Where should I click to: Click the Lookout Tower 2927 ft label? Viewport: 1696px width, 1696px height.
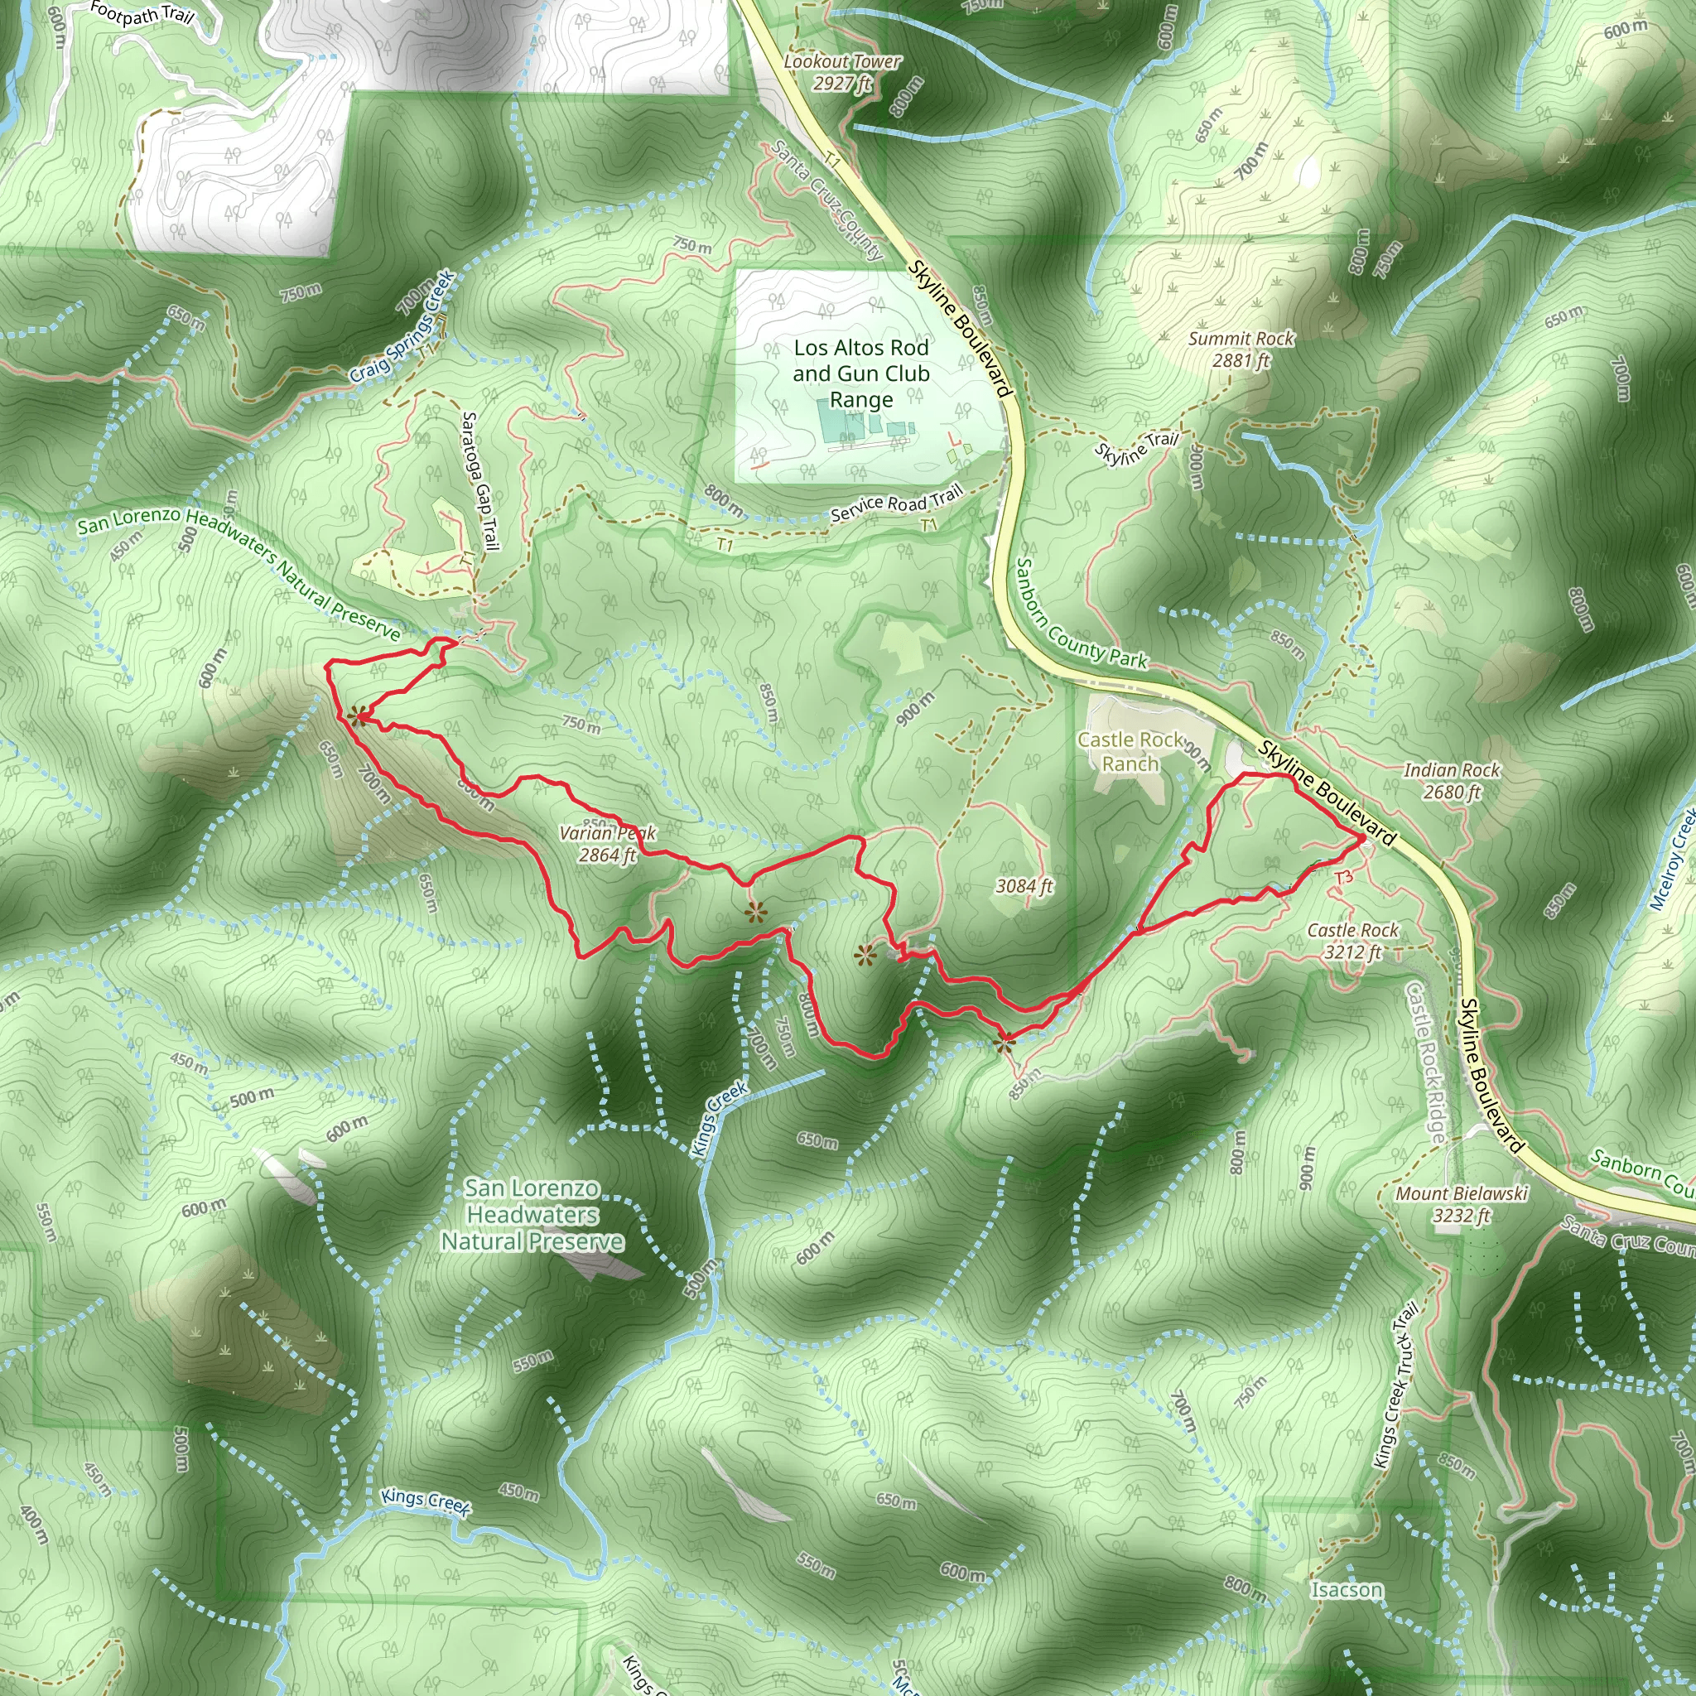click(841, 72)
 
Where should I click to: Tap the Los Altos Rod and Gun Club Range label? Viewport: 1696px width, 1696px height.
click(860, 373)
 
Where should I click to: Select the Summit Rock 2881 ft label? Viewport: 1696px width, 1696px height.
click(1241, 349)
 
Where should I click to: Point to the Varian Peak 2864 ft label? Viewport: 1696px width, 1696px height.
click(608, 844)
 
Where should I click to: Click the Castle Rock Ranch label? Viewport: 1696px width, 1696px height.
click(1130, 751)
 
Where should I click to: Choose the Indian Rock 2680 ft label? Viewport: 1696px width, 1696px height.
click(1452, 780)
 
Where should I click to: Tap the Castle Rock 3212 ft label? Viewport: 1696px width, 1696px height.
click(1351, 940)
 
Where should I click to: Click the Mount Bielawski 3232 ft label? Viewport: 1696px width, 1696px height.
click(1462, 1203)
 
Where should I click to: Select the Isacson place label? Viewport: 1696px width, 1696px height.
click(1346, 1590)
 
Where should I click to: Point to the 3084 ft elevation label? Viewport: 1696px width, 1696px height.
click(1024, 886)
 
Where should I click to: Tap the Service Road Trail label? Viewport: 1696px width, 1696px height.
click(896, 503)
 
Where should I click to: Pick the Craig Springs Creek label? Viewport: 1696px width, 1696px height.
click(402, 326)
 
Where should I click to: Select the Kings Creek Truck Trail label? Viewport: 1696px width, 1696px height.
click(1395, 1385)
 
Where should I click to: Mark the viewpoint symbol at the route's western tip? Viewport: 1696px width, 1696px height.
click(356, 716)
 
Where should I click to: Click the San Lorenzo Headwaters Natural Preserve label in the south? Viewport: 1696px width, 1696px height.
click(532, 1214)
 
